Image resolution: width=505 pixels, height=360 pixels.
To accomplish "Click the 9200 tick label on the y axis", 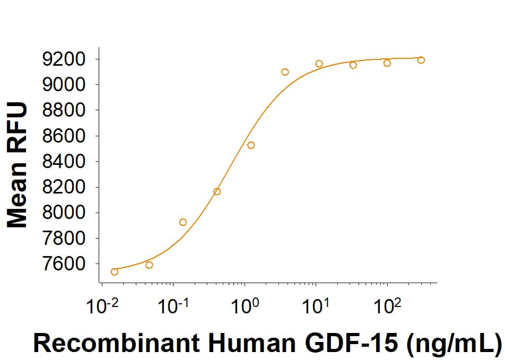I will [63, 59].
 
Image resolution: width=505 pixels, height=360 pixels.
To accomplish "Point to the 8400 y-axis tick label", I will [63, 161].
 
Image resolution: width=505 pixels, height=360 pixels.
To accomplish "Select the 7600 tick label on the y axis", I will [63, 264].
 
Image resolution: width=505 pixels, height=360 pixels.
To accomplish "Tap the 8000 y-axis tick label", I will [63, 213].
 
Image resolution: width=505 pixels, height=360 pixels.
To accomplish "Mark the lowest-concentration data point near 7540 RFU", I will [115, 272].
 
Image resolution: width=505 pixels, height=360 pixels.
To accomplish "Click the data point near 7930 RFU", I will [183, 222].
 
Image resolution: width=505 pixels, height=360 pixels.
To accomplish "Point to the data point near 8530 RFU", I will [251, 145].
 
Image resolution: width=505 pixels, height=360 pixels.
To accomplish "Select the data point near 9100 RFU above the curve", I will [285, 72].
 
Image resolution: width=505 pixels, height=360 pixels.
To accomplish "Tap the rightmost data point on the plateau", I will [421, 60].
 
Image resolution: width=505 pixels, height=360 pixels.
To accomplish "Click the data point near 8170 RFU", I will [217, 191].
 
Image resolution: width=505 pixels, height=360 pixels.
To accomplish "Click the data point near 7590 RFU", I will [149, 265].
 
